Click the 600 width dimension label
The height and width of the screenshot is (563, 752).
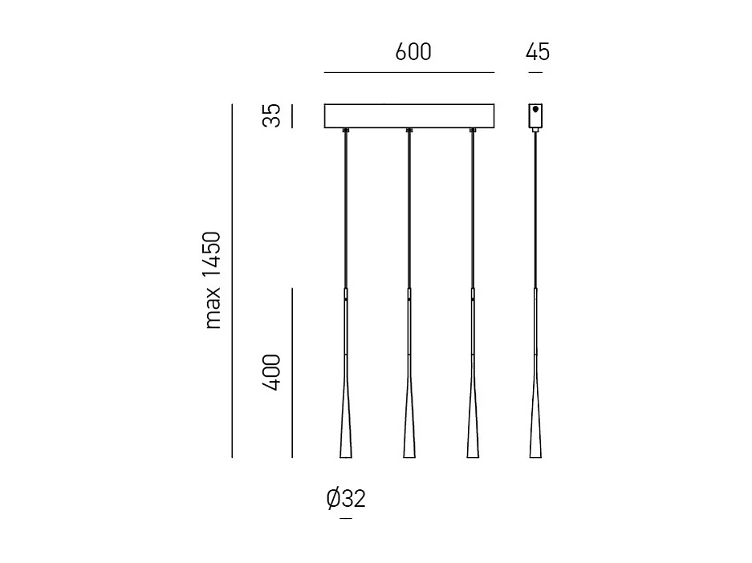413,52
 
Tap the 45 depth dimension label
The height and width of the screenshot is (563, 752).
537,52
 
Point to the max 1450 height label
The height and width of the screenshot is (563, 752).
212,281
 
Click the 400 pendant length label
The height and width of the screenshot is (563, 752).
273,372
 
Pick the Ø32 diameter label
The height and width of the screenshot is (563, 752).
346,499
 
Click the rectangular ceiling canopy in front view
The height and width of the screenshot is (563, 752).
409,116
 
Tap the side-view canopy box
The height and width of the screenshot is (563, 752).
535,117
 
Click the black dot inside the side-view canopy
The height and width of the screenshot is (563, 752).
535,110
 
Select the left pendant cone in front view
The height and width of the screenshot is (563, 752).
346,425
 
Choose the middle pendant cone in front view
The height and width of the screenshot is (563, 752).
409,425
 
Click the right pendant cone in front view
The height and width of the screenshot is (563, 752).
473,425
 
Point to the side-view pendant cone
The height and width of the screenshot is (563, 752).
535,425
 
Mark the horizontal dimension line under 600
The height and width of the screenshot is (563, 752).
409,73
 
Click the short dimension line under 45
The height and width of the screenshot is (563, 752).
536,73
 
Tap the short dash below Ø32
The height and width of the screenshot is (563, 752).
346,520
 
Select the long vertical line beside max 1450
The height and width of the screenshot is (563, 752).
232,281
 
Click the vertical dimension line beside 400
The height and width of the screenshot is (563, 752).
292,373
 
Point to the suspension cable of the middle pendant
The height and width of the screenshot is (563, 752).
409,209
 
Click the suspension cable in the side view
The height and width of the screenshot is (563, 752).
535,209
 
